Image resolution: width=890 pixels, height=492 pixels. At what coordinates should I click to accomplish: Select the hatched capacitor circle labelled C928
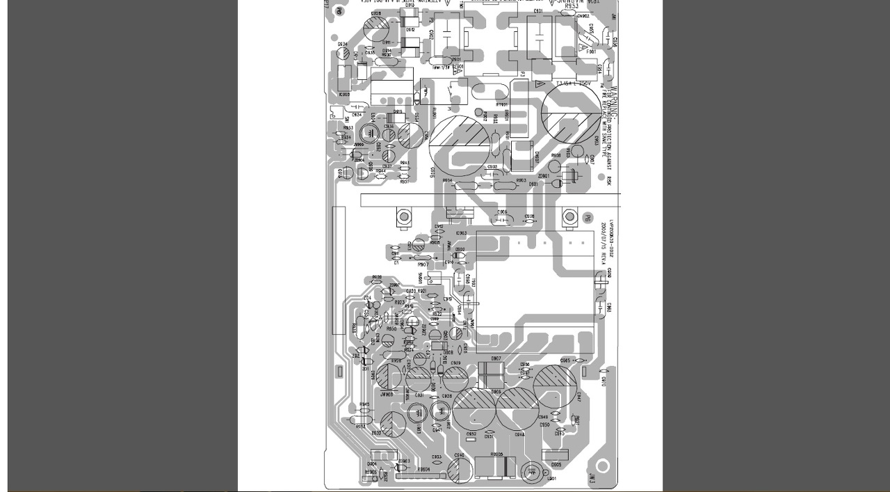point(376,29)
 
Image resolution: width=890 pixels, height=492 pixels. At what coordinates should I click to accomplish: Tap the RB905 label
point(496,454)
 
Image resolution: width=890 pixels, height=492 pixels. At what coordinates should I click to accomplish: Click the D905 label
point(556,464)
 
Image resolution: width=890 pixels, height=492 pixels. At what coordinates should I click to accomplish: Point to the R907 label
point(422,265)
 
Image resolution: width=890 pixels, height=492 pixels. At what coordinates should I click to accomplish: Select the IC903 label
point(461,233)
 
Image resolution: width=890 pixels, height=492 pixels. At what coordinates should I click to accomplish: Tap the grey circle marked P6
point(586,218)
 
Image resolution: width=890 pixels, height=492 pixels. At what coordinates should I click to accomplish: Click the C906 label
point(502,212)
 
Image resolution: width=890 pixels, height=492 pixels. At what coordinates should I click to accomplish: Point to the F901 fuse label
point(592,51)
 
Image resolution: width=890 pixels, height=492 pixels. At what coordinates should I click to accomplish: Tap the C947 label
point(578,396)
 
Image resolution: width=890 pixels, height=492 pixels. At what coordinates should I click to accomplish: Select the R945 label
point(364,404)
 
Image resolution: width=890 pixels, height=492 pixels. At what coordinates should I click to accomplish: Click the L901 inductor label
point(551,479)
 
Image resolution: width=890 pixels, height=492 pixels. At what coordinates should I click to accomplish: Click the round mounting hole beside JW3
point(603,465)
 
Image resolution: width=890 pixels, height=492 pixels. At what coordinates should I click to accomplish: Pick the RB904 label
point(423,470)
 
